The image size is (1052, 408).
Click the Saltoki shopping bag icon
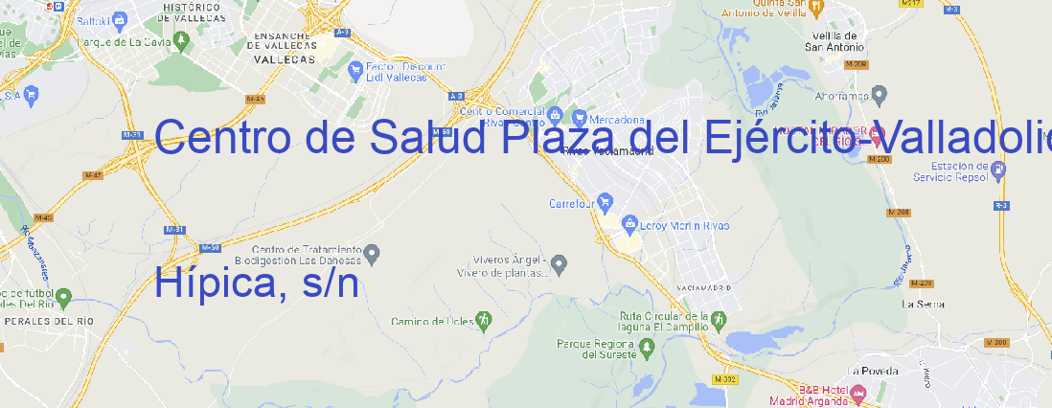coord(119,18)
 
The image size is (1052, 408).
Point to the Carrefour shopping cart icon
coord(606,202)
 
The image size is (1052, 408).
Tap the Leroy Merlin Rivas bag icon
coord(629,224)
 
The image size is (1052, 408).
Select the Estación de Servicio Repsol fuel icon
coord(998,170)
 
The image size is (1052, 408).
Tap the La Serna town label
coord(923,304)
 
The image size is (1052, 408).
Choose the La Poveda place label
coord(873,371)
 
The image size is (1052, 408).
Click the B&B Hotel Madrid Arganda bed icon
coord(858,392)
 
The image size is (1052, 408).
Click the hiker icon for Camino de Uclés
coord(484,320)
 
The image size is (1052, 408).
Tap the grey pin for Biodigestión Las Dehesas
coord(375,253)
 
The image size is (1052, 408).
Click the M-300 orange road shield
coord(999,343)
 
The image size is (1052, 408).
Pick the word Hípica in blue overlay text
coord(211,283)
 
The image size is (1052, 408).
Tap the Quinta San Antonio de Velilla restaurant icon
coord(815,8)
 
